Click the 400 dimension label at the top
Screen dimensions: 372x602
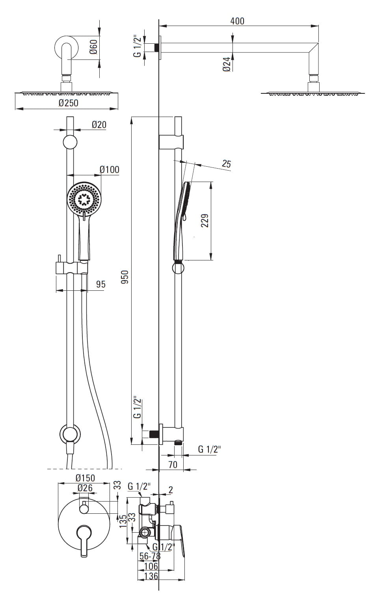click(237, 21)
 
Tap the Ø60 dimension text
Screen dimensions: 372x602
click(93, 47)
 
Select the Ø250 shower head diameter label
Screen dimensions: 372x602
click(69, 103)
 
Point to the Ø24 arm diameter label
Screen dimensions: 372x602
click(227, 64)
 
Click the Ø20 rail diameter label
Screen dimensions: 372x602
click(99, 124)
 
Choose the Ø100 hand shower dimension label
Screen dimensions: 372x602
click(110, 169)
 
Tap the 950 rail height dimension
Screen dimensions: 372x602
click(125, 277)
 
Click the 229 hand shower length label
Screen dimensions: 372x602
click(205, 221)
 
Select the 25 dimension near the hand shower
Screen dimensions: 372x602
click(226, 164)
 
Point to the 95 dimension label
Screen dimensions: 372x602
click(101, 284)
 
